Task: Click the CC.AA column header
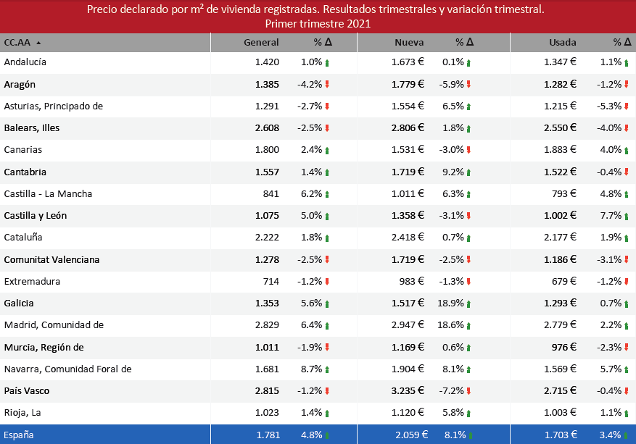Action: pyautogui.click(x=18, y=43)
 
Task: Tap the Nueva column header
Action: pyautogui.click(x=409, y=43)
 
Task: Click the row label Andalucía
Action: pyautogui.click(x=25, y=62)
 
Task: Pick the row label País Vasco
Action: pyautogui.click(x=25, y=391)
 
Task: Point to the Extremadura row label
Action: pyautogui.click(x=32, y=281)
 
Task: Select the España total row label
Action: pyautogui.click(x=19, y=435)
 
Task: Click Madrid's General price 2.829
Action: pyautogui.click(x=267, y=325)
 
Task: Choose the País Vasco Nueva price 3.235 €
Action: pyautogui.click(x=408, y=391)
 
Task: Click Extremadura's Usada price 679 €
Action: pyautogui.click(x=563, y=281)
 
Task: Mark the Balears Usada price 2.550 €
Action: pyautogui.click(x=560, y=128)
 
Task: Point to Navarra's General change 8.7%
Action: pyautogui.click(x=313, y=369)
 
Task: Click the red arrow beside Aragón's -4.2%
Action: pyautogui.click(x=327, y=85)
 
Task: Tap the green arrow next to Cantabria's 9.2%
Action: pyautogui.click(x=468, y=172)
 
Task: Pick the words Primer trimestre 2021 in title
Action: pyautogui.click(x=318, y=24)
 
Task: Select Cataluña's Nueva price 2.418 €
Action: pyautogui.click(x=408, y=238)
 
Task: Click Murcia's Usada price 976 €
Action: pyautogui.click(x=563, y=347)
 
